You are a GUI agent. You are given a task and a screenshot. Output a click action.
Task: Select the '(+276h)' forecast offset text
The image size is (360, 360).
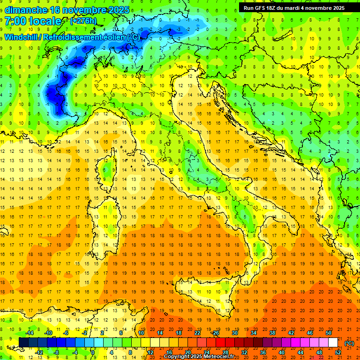click(x=85, y=21)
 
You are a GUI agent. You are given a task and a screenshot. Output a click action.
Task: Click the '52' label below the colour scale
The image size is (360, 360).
click(x=338, y=352)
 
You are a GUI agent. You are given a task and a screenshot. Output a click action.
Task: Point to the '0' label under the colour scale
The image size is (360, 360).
click(x=93, y=352)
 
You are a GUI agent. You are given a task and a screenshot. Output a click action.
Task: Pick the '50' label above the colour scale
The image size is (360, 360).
click(x=328, y=333)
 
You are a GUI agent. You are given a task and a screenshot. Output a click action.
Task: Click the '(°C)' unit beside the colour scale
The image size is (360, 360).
click(x=349, y=343)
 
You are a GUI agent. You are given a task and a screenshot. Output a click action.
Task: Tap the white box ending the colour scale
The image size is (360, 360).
click(x=333, y=343)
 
